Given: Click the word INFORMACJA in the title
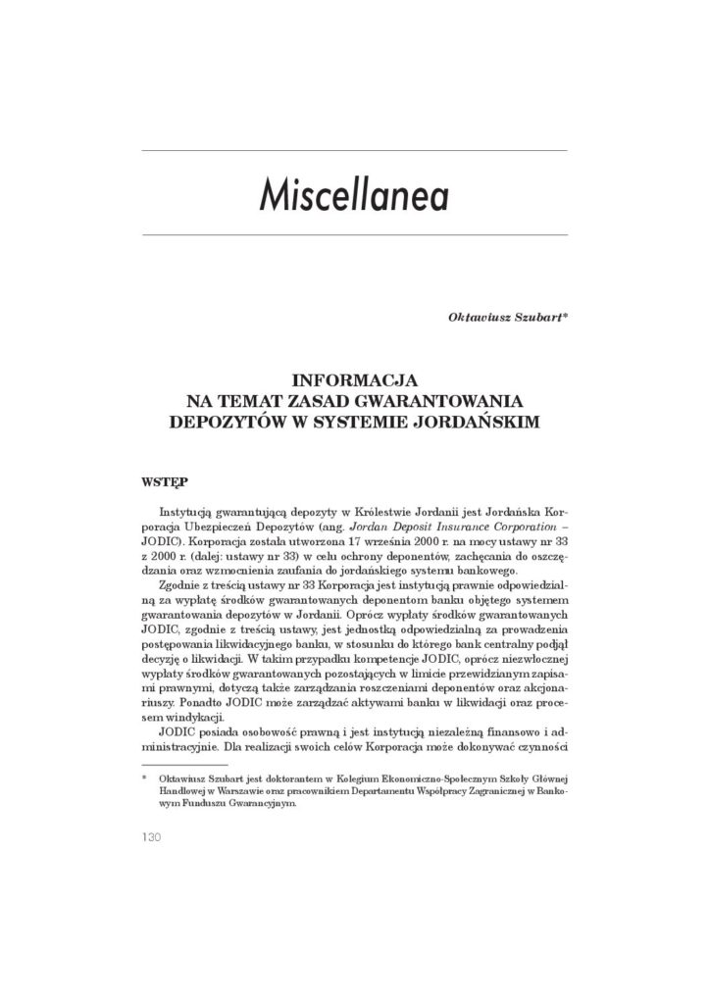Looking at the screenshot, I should click(354, 376).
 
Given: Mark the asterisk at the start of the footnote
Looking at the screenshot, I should click(145, 775).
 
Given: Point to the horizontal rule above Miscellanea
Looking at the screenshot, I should click(354, 150).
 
